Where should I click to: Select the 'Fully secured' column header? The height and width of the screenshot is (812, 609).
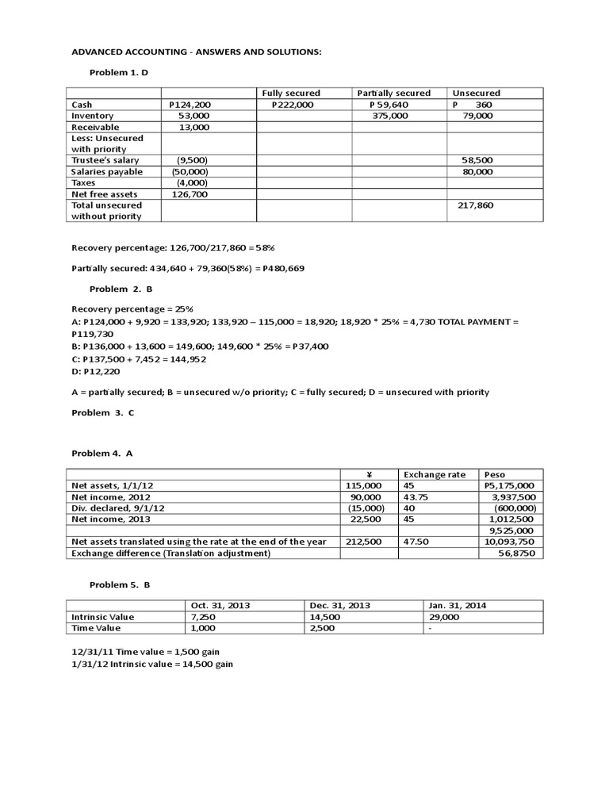point(291,94)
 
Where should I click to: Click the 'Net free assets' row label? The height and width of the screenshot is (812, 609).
point(105,193)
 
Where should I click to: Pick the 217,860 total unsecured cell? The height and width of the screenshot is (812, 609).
point(476,205)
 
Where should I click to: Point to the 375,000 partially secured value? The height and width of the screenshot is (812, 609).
point(390,116)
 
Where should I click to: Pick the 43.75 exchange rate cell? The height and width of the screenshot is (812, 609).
point(417,497)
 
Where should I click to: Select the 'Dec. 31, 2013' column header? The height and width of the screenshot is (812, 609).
point(339,605)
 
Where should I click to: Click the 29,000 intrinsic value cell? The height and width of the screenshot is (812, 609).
point(442,616)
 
